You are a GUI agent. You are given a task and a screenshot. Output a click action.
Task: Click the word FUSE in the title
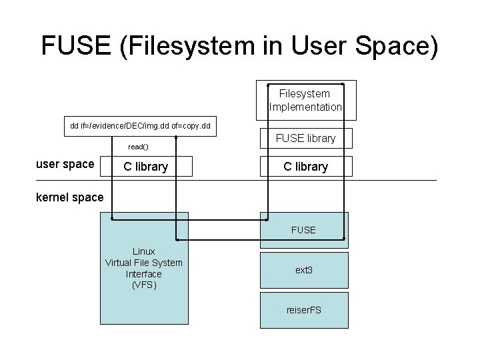tap(76, 45)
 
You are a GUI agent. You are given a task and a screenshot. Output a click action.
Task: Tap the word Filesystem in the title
tap(191, 46)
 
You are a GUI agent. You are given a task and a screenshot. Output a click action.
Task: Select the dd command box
tap(140, 126)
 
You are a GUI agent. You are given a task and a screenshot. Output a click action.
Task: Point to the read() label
tap(139, 147)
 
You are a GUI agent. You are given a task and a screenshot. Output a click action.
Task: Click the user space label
tap(65, 164)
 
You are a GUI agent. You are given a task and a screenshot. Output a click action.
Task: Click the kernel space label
tap(70, 197)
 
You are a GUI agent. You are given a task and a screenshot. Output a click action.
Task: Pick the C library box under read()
tap(146, 166)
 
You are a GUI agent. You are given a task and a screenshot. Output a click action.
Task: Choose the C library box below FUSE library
tap(306, 166)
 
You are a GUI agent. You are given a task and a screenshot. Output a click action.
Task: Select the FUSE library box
tap(306, 139)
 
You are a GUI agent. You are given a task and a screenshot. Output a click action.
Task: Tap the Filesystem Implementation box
tap(306, 100)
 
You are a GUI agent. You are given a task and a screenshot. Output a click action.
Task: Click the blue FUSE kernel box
tap(304, 230)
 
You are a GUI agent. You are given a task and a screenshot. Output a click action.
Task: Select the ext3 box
tap(304, 270)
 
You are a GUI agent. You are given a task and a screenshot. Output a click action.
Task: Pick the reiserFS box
tap(304, 311)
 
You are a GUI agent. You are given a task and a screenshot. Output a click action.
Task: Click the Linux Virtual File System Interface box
tap(144, 268)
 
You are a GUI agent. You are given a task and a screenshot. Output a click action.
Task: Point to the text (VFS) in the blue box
tap(144, 285)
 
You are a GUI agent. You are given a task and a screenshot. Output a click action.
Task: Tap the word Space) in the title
tap(397, 46)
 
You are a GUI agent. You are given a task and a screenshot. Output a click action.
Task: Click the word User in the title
tap(319, 45)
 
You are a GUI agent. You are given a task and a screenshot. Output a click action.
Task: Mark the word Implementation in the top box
tap(305, 107)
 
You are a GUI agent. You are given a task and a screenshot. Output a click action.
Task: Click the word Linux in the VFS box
tap(144, 251)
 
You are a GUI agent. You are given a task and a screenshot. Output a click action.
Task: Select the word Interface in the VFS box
tap(144, 274)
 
